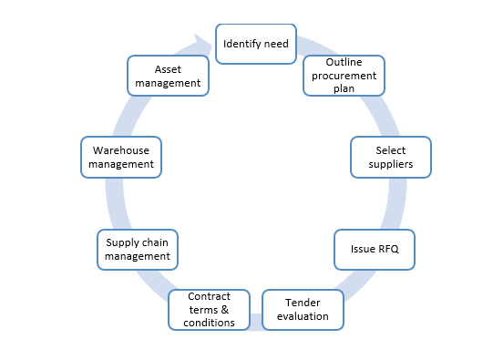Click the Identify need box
pos(255,44)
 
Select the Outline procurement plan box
pos(344,76)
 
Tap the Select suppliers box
pos(390,157)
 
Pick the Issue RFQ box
pos(374,248)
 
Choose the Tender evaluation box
pos(303,310)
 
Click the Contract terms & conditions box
pos(210,310)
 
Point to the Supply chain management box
pos(137,249)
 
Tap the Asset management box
pos(168,76)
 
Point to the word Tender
pos(303,303)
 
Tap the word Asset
pos(168,69)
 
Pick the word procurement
pos(344,76)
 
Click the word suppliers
pos(390,164)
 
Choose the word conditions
pos(210,323)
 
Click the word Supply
pos(122,242)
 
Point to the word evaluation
pos(303,316)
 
